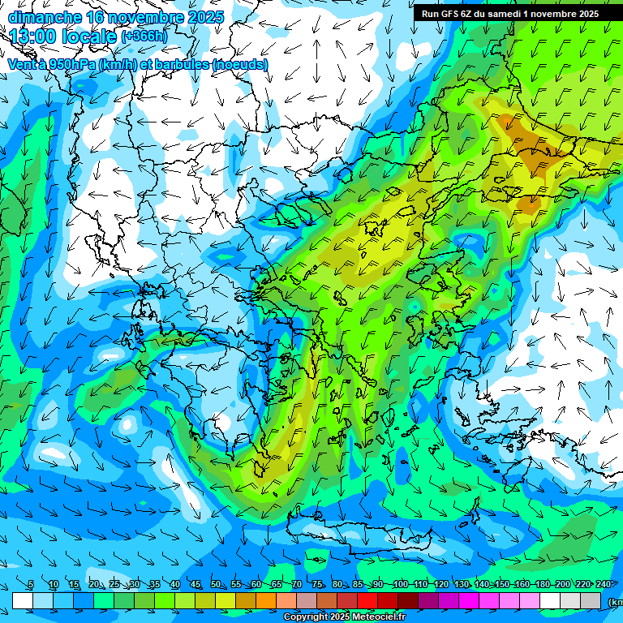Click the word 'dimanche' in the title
pos(45,17)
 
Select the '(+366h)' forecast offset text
pos(144,37)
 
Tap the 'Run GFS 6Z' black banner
pos(509,14)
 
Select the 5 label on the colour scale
pos(31,585)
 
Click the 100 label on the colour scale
pos(400,585)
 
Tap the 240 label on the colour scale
pos(604,585)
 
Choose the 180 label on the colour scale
pos(563,585)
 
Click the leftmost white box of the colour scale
pos(23,600)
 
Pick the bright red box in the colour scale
pos(367,600)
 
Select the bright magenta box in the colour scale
pos(469,600)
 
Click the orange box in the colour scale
pos(266,600)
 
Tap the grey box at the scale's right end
pos(591,600)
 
